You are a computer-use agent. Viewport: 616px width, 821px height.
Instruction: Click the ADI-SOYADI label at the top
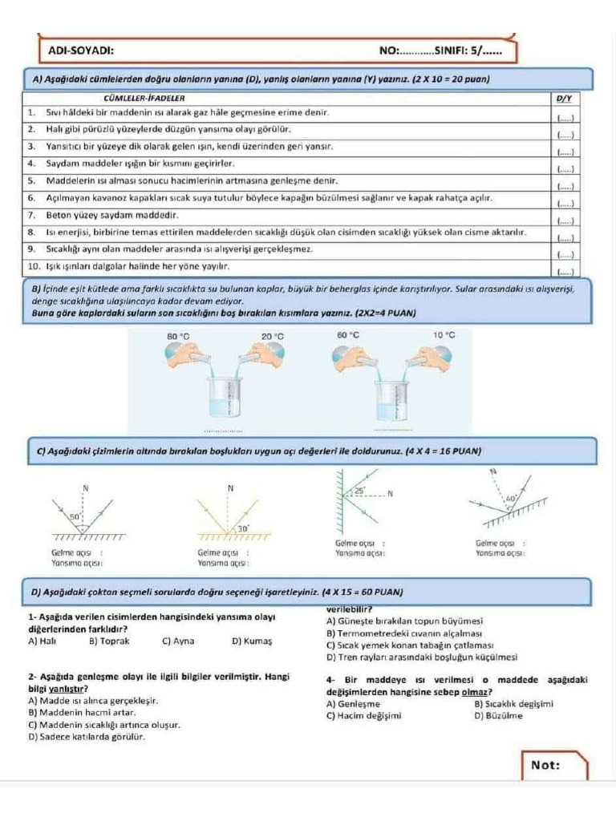coord(81,51)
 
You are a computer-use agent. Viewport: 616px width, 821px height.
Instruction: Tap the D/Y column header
coord(564,98)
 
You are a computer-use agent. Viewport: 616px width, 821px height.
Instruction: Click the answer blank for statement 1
coord(565,117)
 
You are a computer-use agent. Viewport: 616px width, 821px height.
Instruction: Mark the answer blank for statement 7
coord(565,220)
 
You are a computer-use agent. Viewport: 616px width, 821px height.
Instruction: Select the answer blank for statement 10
coord(565,272)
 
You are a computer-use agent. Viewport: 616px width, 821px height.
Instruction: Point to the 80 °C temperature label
coord(178,335)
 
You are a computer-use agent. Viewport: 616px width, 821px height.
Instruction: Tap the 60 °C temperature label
coord(348,334)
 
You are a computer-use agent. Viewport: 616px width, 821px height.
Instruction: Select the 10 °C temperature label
coord(444,334)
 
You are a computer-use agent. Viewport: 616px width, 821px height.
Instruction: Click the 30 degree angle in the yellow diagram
coord(241,528)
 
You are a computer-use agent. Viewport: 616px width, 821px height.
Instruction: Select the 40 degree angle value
coord(509,498)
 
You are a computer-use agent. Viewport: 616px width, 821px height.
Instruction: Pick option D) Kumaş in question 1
coord(252,641)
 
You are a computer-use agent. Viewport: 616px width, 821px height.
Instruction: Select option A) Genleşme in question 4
coord(354,704)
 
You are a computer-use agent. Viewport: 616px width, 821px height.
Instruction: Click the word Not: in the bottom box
coord(545,765)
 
